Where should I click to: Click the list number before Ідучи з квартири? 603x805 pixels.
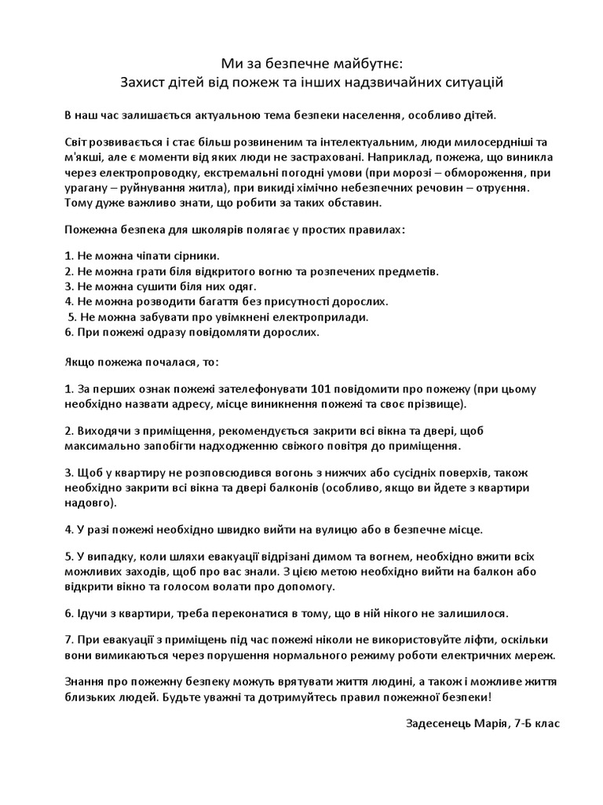(68, 612)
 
